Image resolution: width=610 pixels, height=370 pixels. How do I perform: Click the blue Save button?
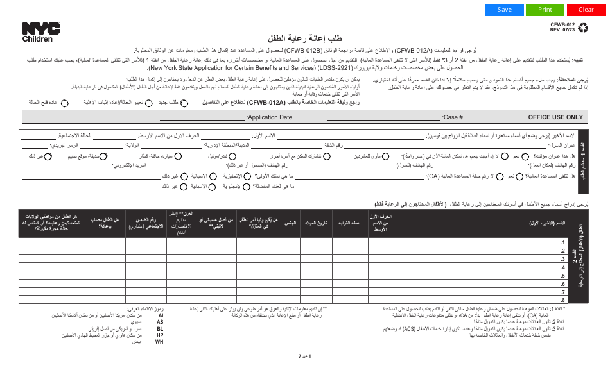(x=505, y=10)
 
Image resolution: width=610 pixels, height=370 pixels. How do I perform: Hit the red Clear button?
(x=586, y=10)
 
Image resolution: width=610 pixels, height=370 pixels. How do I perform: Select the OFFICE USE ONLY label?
(x=555, y=117)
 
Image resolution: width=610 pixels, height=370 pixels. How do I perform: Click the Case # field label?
(x=453, y=117)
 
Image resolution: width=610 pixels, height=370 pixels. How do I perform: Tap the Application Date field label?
(x=270, y=117)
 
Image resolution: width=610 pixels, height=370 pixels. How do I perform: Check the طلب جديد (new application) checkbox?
(x=184, y=102)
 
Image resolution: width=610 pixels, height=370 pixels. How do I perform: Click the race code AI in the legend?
(x=160, y=316)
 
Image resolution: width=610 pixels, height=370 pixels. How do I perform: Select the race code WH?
(x=160, y=341)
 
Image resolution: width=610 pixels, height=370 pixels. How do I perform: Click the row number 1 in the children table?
(x=563, y=242)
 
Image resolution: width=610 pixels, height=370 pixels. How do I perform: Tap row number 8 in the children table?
(x=563, y=299)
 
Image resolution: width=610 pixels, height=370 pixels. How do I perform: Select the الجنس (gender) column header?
(x=290, y=223)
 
